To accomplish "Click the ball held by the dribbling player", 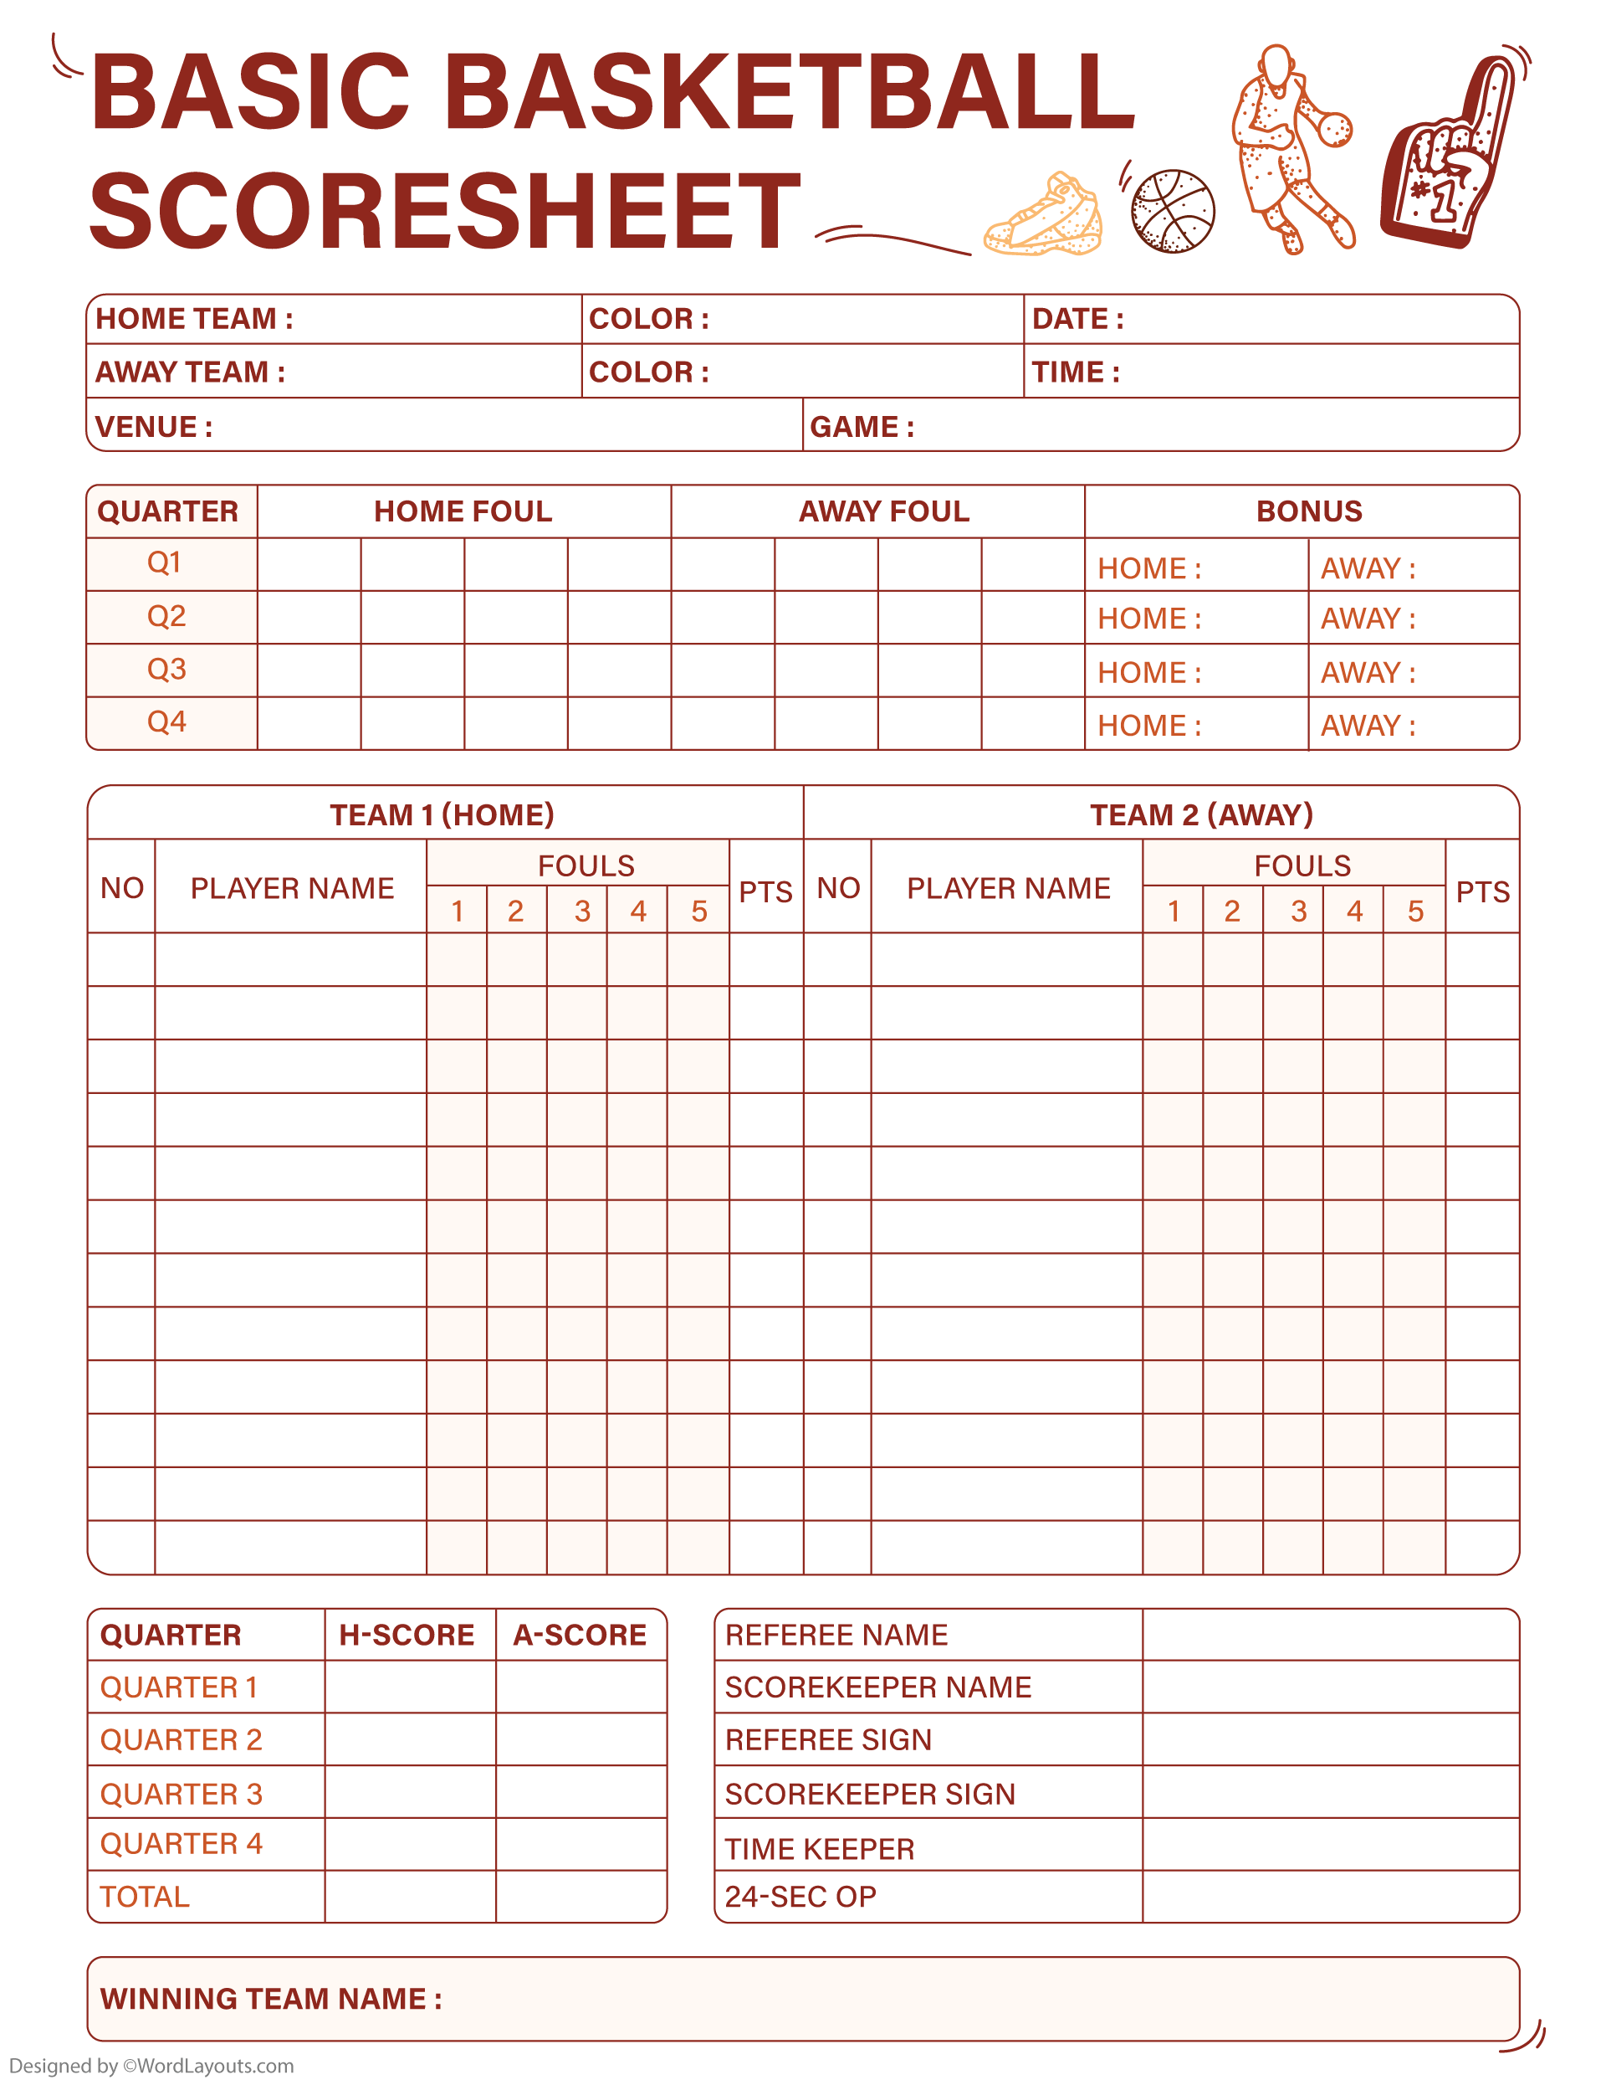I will click(1335, 129).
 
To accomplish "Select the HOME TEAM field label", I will click(194, 318).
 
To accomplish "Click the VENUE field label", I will click(153, 427).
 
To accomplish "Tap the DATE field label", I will click(1077, 318).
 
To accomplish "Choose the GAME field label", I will click(862, 427).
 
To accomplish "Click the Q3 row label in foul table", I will click(166, 670).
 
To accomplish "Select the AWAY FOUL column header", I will click(883, 511).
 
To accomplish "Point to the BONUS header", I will click(1309, 511).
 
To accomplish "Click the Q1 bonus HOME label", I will click(1149, 568).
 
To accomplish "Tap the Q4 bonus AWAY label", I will click(1368, 726).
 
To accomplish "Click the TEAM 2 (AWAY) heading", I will click(1201, 814).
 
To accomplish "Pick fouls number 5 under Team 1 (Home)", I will click(698, 912).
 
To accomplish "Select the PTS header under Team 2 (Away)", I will click(1482, 891).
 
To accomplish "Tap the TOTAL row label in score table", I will click(145, 1896).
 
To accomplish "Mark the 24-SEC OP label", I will click(800, 1896).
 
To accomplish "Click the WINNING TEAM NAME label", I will click(270, 1998).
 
